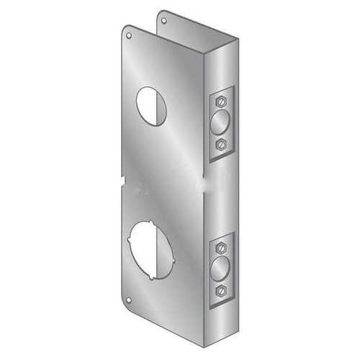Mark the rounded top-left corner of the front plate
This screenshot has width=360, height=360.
(x=125, y=29)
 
